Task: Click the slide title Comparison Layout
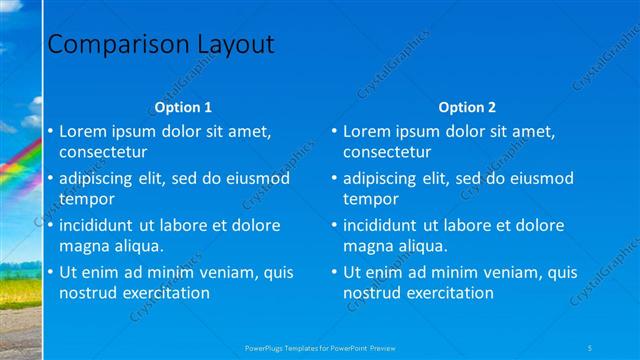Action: pos(161,45)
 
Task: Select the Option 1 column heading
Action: pos(183,107)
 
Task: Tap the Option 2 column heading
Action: pos(467,107)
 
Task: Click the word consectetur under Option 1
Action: pos(103,153)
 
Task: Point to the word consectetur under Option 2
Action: pos(387,153)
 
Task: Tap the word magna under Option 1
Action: pos(84,246)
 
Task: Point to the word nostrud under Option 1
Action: pos(88,293)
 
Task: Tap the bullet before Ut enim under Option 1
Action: pos(51,272)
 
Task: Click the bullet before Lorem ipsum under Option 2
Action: pos(335,131)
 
